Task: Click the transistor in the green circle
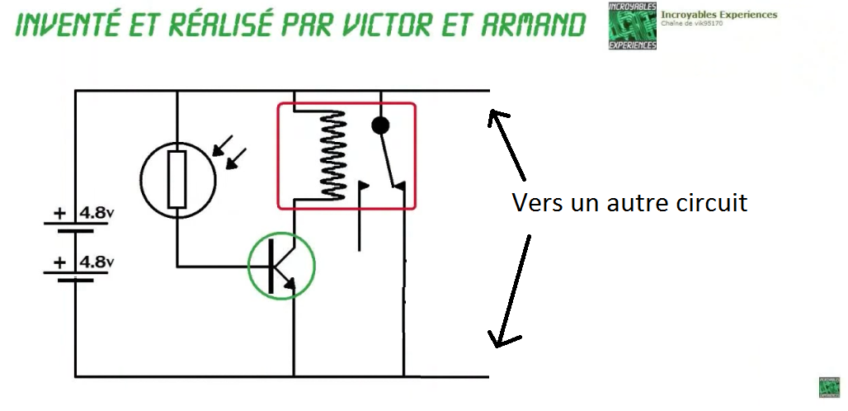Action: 281,267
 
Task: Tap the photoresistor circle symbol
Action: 177,178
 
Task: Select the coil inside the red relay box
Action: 333,154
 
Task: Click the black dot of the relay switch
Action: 380,125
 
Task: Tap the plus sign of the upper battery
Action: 59,213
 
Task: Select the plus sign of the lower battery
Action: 59,263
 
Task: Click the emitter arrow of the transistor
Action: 290,283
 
